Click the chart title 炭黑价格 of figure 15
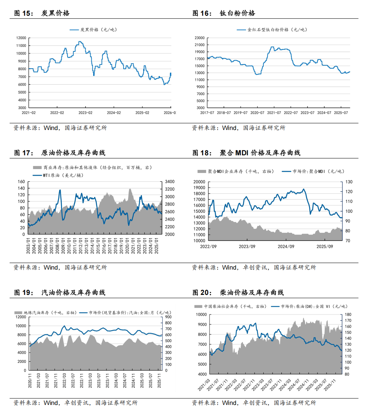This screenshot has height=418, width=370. pos(55,13)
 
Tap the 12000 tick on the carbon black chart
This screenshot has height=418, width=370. pos(21,38)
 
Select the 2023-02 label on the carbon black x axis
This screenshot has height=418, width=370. pos(85,113)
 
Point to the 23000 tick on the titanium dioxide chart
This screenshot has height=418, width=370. pos(200,38)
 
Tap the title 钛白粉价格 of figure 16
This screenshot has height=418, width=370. pos(237,13)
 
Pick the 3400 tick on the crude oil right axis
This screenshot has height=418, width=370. pos(169,182)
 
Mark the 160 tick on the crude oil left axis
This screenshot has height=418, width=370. pos(21,182)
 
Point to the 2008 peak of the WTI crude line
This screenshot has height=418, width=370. pos(60,190)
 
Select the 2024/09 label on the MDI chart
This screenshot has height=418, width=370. pos(286,247)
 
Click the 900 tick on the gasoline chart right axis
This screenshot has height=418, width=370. pos(169,317)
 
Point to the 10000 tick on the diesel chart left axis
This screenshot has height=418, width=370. pos(201,314)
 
